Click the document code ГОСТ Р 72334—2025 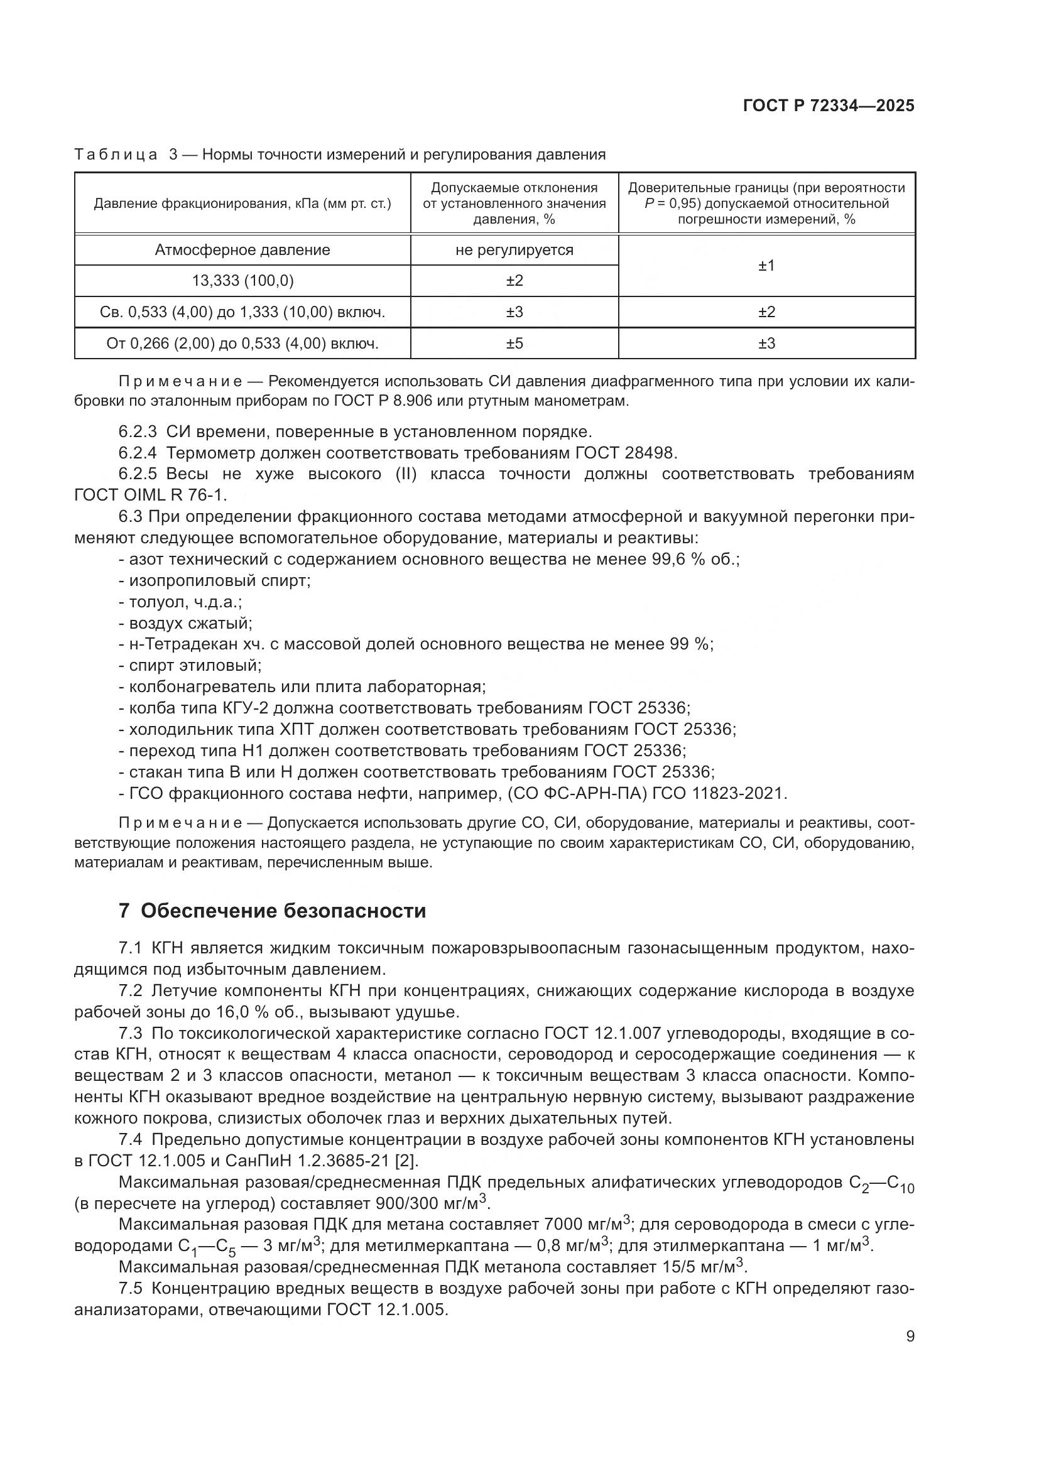[x=829, y=106]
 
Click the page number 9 [x=910, y=1336]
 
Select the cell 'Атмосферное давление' [x=242, y=250]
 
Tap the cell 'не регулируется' [x=514, y=250]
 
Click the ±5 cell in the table [x=514, y=344]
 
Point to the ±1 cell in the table [x=766, y=266]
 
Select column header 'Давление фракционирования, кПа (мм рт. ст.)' [x=242, y=204]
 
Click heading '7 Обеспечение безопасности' [x=272, y=911]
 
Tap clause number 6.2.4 [x=138, y=453]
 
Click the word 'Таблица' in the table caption [x=116, y=155]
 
